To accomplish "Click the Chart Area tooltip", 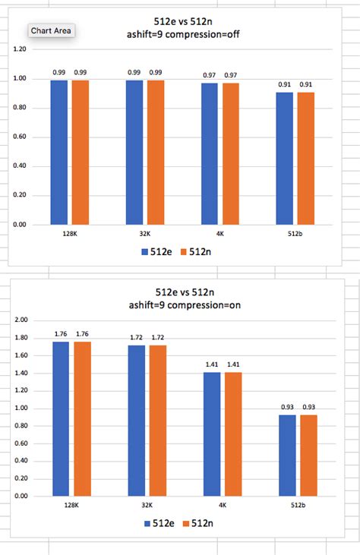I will [x=52, y=31].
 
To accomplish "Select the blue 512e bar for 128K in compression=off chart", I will [x=59, y=152].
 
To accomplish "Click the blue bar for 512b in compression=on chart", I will [x=287, y=455].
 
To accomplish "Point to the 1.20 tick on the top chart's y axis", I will [x=20, y=49].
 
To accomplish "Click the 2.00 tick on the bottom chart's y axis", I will [x=20, y=320].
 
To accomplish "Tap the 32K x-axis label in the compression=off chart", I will [x=146, y=234].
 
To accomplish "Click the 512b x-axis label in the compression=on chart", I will [x=298, y=504].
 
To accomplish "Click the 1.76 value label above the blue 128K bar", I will [x=60, y=333].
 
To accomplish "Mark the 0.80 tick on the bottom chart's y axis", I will [x=20, y=426].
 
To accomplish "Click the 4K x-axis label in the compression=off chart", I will [x=221, y=234].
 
